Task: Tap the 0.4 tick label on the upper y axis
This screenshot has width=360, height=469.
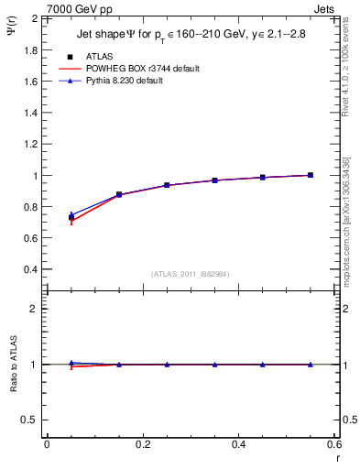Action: click(28, 270)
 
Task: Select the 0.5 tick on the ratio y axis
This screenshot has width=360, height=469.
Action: click(28, 420)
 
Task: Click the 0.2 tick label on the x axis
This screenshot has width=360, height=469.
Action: click(143, 445)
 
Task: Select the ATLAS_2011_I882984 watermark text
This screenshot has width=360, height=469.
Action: click(190, 274)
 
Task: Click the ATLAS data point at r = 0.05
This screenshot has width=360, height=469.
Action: click(71, 218)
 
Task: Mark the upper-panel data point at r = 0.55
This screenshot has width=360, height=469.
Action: click(311, 175)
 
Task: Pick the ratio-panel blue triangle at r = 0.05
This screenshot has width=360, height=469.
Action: click(71, 363)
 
